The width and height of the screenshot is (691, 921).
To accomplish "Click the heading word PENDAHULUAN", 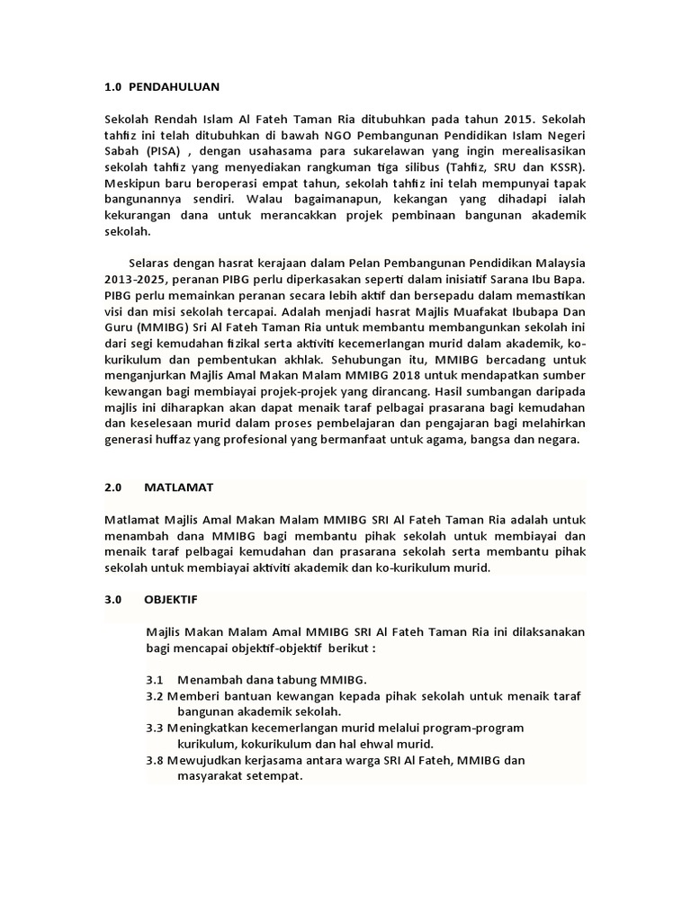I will [x=175, y=87].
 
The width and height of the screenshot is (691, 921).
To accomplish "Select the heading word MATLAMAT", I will [x=177, y=487].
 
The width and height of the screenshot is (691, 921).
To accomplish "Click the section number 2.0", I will [x=112, y=487].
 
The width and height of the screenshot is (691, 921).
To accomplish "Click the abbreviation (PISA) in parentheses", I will [x=159, y=151].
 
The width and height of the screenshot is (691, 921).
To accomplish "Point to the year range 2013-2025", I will [x=135, y=279].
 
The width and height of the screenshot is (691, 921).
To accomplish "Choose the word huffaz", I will [x=177, y=441].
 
